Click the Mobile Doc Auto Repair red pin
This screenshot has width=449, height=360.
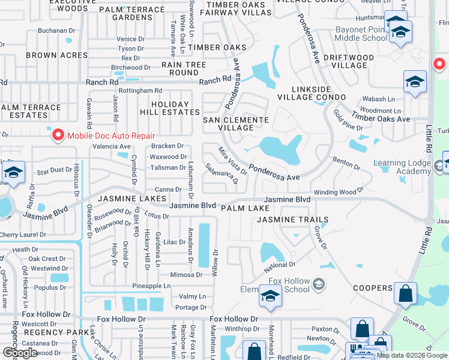coord(58,136)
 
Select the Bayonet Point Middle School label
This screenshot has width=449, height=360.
coord(354,32)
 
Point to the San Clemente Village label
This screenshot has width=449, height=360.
coord(235,124)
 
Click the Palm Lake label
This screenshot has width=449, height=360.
coord(244,208)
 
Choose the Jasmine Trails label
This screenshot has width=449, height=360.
coord(293,220)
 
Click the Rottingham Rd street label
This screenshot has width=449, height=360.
coord(140,91)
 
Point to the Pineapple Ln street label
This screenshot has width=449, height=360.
coord(151,286)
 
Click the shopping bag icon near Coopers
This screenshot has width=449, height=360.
coord(406,293)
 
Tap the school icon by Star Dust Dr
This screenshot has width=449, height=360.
coord(13,172)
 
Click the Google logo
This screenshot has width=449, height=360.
coord(20,353)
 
